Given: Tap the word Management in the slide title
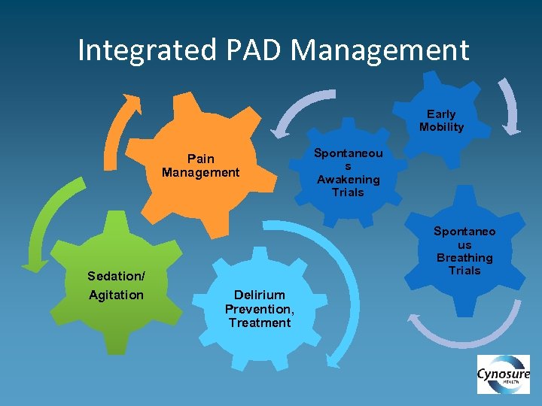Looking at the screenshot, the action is [x=379, y=50].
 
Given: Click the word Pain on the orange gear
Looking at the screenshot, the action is [x=200, y=159].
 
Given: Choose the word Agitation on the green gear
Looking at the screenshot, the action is [x=116, y=295].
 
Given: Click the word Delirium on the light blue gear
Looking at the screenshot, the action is [x=259, y=295].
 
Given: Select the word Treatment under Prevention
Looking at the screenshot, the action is [x=260, y=323].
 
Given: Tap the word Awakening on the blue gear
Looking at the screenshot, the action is [x=349, y=179].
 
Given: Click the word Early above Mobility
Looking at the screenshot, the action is [x=441, y=114].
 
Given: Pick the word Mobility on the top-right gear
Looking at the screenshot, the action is [x=441, y=127].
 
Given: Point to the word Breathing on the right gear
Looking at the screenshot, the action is [x=464, y=258].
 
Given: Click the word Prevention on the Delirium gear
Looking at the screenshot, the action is [x=260, y=309].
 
